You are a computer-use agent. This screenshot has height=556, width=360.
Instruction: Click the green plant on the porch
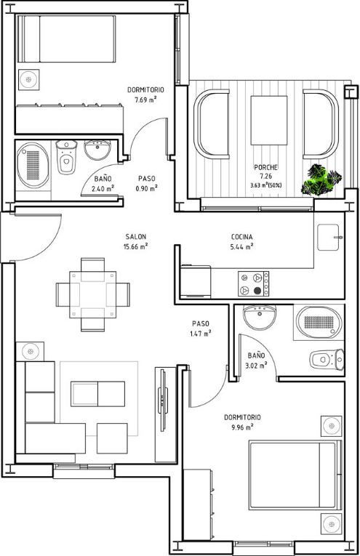tap(321, 180)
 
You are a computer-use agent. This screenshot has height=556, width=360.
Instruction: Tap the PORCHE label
tap(265, 167)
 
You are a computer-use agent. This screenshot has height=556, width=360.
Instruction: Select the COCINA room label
tap(242, 237)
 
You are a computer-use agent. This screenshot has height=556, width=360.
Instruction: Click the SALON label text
tap(135, 236)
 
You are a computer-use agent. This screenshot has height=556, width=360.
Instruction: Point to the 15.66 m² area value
tap(135, 246)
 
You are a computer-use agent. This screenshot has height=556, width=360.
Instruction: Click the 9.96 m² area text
tap(242, 427)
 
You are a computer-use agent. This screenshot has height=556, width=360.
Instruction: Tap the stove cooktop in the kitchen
tap(253, 283)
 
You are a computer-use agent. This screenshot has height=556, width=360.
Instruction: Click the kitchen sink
tap(329, 237)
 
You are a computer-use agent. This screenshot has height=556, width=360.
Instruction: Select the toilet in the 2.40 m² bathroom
tap(66, 157)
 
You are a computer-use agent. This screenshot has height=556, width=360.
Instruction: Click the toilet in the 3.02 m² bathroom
tap(327, 360)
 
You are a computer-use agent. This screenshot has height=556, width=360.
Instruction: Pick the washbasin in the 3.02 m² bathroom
tap(260, 317)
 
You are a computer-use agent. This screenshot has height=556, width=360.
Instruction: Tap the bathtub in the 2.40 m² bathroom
tap(33, 165)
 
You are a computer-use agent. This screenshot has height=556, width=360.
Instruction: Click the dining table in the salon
tap(93, 294)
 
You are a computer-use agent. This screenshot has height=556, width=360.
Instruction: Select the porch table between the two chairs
tap(269, 120)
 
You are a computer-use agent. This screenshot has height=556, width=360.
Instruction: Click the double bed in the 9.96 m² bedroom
tap(295, 475)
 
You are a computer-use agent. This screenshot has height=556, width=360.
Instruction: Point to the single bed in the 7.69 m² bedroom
tap(67, 39)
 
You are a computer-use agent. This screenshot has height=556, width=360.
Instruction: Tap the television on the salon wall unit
tap(163, 400)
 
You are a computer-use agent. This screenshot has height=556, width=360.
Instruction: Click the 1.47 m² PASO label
tap(201, 329)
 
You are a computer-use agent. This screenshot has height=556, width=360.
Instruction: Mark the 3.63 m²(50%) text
tap(265, 185)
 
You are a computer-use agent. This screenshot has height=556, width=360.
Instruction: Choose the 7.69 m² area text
tap(145, 100)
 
